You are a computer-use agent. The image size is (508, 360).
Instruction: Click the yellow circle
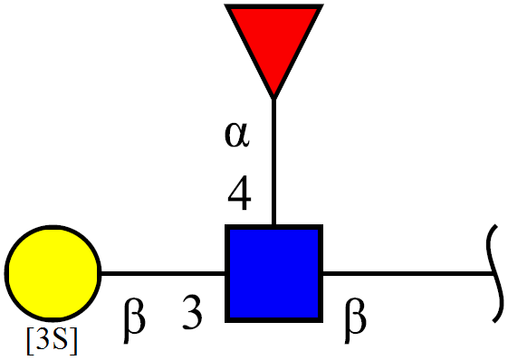pos(53,273)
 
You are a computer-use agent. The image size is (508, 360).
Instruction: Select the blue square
pos(273,273)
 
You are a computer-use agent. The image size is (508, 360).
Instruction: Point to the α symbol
pos(237,136)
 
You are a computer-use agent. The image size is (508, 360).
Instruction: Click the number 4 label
pos(239,193)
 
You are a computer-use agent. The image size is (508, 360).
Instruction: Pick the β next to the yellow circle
pos(134,320)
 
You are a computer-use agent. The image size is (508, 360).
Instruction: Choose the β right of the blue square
pos(355,320)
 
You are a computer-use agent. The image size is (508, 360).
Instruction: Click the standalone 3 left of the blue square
pos(192,312)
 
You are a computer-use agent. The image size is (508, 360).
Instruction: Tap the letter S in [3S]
pos(62,339)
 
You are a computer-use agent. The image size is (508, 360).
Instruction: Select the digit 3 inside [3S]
pos(43,339)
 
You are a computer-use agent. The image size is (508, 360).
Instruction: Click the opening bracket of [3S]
pos(30,341)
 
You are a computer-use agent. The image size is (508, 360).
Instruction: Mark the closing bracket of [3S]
pos(74,341)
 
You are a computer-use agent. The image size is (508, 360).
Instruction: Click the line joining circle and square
pos(163,274)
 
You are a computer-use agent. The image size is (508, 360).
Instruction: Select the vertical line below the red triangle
pos(273,161)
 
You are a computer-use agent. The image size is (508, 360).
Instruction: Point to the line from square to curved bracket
pos(408,274)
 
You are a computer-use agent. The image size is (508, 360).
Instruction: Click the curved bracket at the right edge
pos(494,274)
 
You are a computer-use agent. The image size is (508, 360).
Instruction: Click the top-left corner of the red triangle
pos(225,5)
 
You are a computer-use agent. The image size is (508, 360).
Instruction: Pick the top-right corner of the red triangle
pos(323,5)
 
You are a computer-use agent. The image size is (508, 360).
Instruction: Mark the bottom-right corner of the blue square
pos(322,322)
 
